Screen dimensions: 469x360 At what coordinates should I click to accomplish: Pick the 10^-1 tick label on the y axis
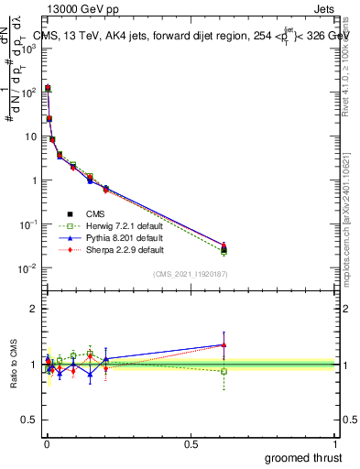pyautogui.click(x=27, y=224)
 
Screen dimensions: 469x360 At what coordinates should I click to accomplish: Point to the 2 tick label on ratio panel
pyautogui.click(x=34, y=309)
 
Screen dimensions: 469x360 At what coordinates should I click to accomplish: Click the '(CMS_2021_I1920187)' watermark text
pyautogui.click(x=191, y=273)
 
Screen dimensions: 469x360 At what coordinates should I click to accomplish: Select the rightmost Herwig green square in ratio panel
pyautogui.click(x=223, y=371)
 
